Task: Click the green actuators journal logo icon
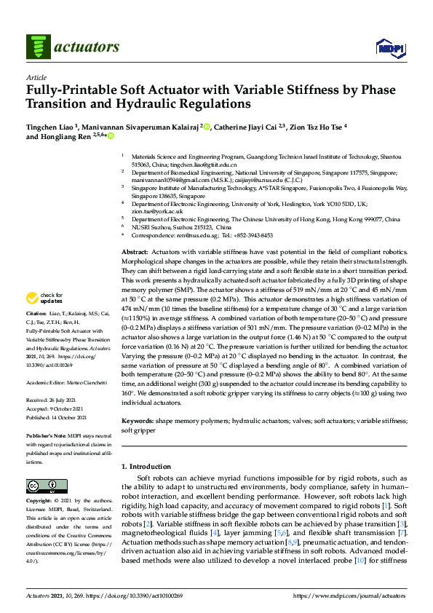point(36,48)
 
